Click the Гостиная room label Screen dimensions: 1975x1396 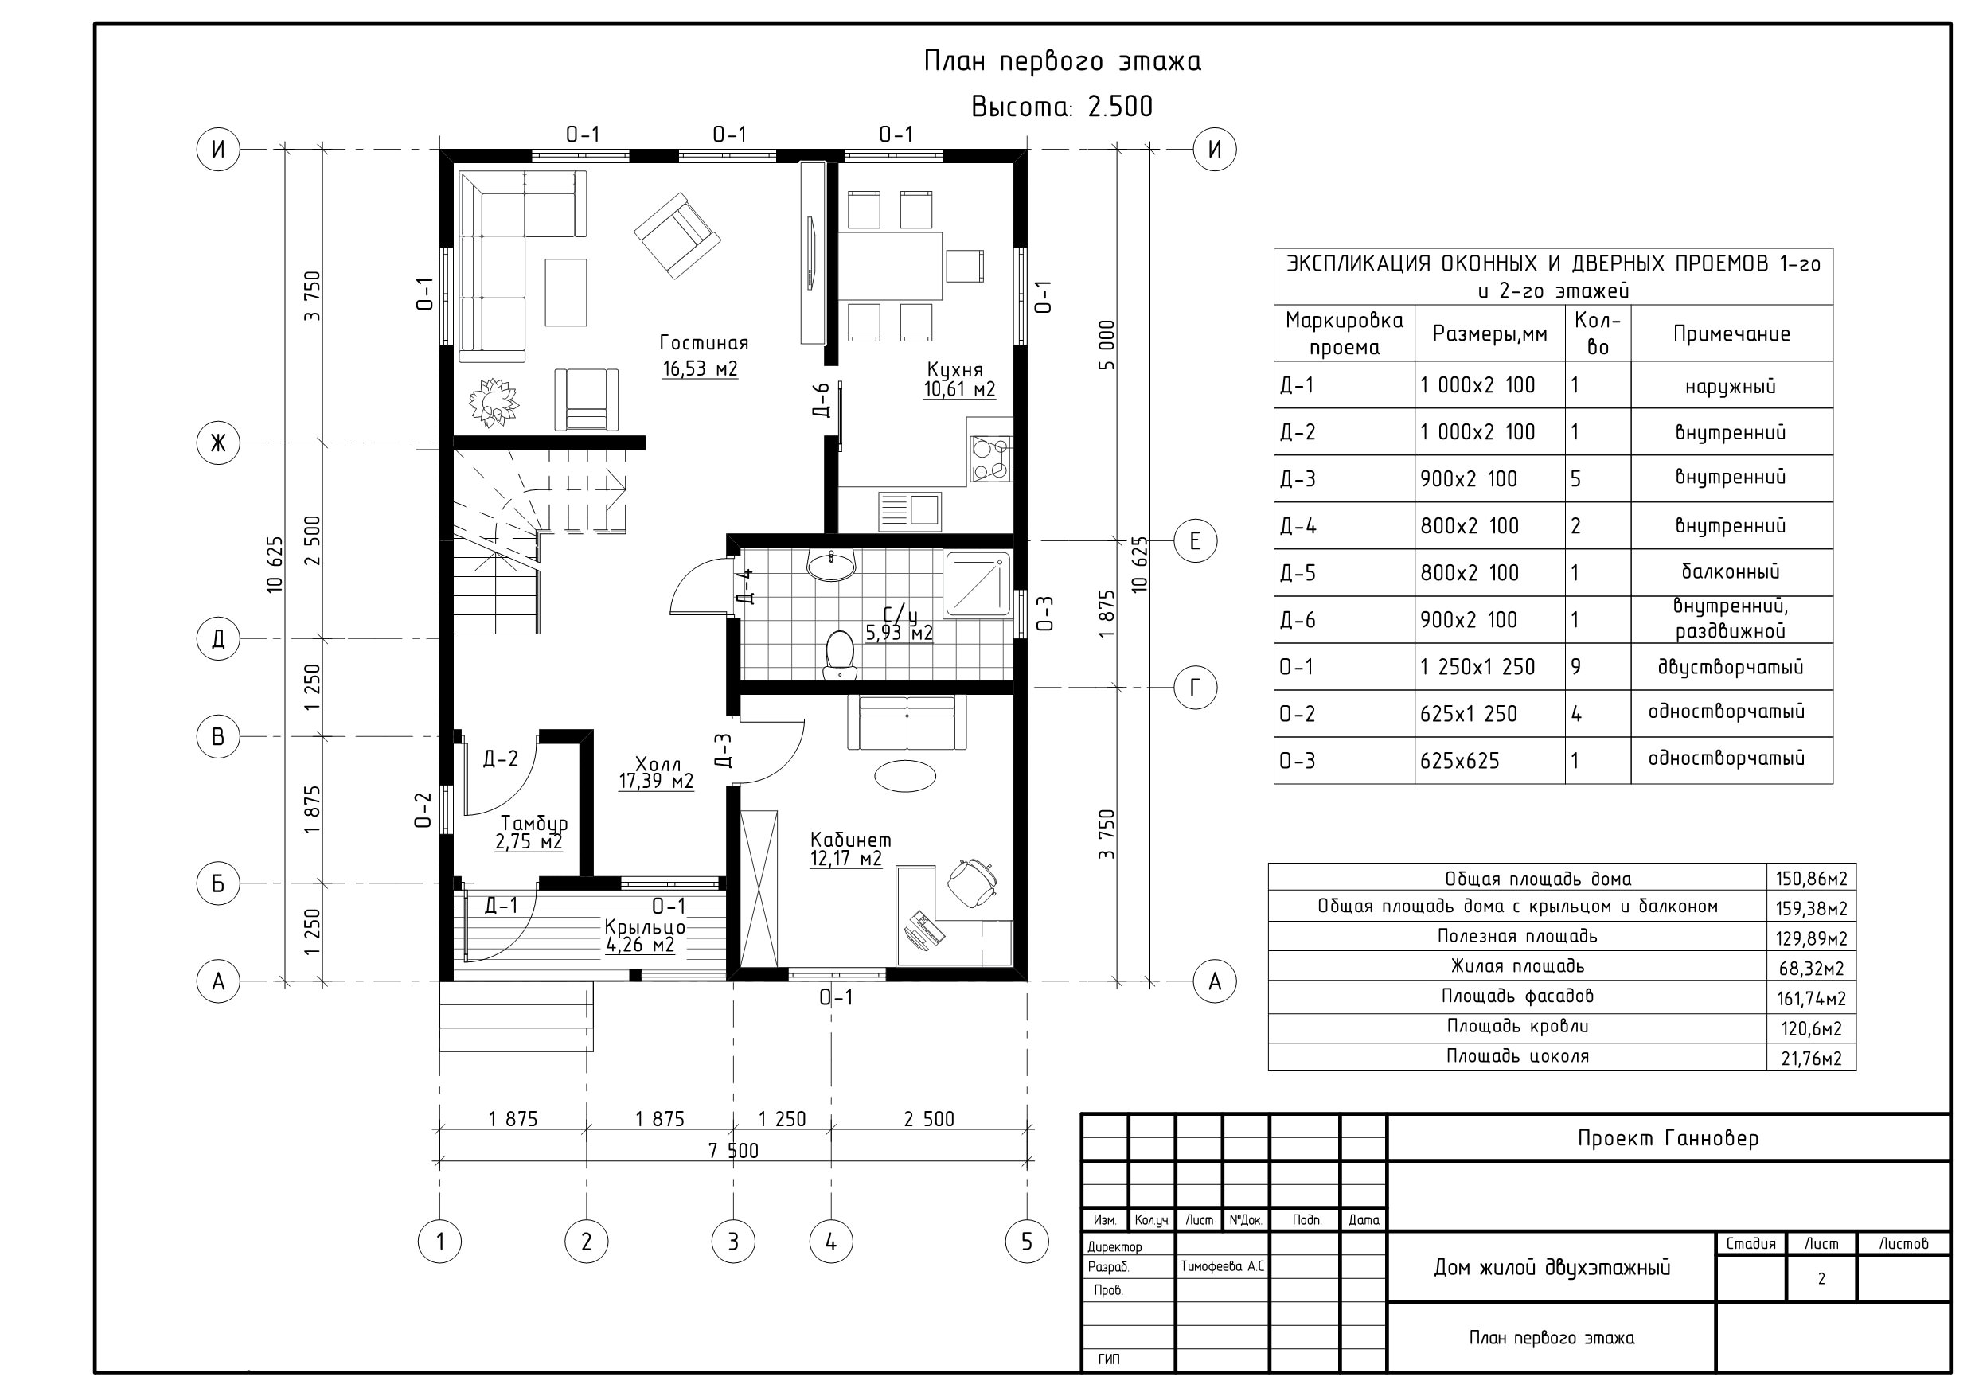704,343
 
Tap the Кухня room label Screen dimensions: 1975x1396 954,370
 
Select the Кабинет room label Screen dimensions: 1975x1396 850,840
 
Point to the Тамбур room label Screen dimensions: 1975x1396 534,823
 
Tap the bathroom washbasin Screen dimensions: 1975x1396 831,564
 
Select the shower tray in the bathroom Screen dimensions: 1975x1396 978,584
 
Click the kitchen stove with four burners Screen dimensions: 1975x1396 990,459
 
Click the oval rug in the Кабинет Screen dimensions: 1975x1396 905,775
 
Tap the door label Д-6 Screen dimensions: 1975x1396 822,401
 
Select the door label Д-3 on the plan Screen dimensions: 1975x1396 723,750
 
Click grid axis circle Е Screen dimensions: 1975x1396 1195,541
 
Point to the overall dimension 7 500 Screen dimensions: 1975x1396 733,1151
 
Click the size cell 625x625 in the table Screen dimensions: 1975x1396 1460,761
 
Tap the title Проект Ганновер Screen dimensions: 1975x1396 1668,1139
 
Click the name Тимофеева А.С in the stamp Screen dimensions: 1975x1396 1222,1267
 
